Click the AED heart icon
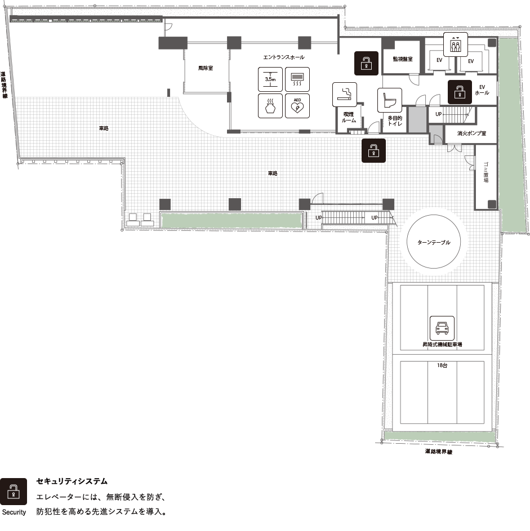pos(297,106)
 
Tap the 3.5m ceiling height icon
pos(270,79)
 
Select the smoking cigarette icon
pos(345,95)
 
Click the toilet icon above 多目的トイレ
pos(390,100)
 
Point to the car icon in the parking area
pos(442,328)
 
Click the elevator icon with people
pos(456,44)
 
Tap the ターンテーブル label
pos(434,243)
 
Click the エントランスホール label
pos(284,57)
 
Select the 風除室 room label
pos(206,68)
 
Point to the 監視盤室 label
pos(403,59)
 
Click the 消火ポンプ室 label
pos(471,133)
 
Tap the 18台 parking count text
pos(442,365)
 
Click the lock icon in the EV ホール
pos(460,92)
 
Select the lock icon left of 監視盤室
pos(366,63)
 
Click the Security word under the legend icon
pos(14,512)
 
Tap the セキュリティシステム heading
pos(72,481)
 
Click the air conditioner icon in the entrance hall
pos(297,79)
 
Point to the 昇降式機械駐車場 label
pos(442,345)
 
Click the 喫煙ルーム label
pos(349,117)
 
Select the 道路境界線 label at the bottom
pos(439,452)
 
